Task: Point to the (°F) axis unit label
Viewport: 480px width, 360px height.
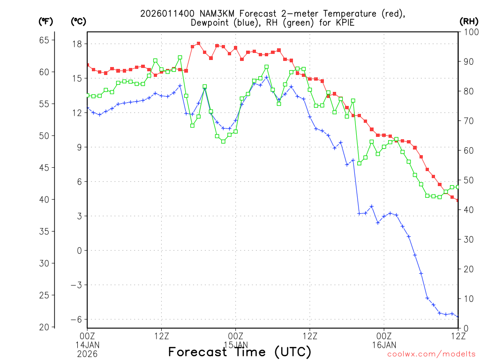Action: [x=45, y=21]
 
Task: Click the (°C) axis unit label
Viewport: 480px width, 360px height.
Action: [x=78, y=21]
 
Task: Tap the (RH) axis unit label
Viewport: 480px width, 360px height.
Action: [x=469, y=21]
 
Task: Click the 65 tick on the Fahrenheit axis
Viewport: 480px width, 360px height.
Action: [x=44, y=40]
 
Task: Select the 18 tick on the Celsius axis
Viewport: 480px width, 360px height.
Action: [x=76, y=44]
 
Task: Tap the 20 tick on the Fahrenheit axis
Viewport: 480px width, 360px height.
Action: [x=44, y=327]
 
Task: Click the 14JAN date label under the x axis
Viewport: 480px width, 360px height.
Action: [x=88, y=344]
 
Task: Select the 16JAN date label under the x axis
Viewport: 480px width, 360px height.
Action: [x=384, y=344]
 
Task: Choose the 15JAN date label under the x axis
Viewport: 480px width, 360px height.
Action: [x=236, y=344]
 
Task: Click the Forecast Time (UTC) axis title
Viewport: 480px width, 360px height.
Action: [x=240, y=352]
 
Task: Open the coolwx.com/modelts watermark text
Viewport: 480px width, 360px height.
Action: [x=431, y=354]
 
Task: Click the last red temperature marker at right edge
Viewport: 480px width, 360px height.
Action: [x=457, y=200]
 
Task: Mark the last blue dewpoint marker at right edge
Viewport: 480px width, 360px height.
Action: [x=457, y=317]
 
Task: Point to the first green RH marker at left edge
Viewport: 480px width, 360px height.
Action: [x=88, y=95]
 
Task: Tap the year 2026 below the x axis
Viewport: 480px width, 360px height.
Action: [x=88, y=352]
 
